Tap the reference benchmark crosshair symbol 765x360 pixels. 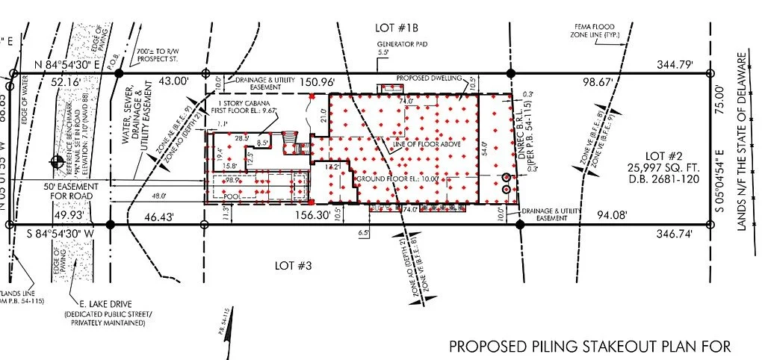(55, 161)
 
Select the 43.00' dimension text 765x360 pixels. (168, 81)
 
